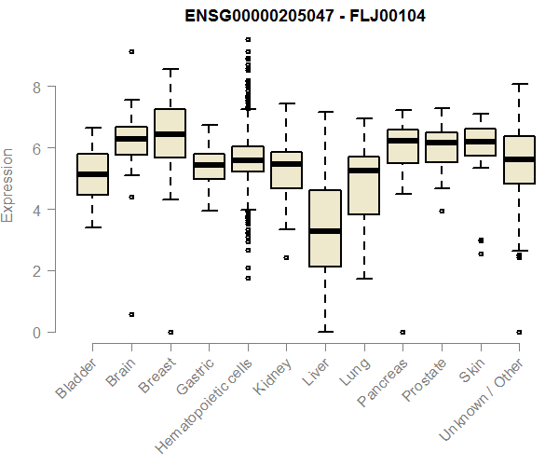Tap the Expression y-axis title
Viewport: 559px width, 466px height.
pyautogui.click(x=8, y=185)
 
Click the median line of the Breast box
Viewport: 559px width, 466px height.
pyautogui.click(x=170, y=134)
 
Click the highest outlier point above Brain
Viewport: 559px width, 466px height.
pyautogui.click(x=131, y=51)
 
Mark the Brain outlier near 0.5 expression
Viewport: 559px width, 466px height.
pyautogui.click(x=131, y=315)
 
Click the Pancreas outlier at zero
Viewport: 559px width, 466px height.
pyautogui.click(x=402, y=332)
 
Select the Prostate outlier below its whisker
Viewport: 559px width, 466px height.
pyautogui.click(x=441, y=211)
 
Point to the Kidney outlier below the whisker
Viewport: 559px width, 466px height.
pyautogui.click(x=286, y=257)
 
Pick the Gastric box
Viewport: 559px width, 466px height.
pyautogui.click(x=209, y=166)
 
